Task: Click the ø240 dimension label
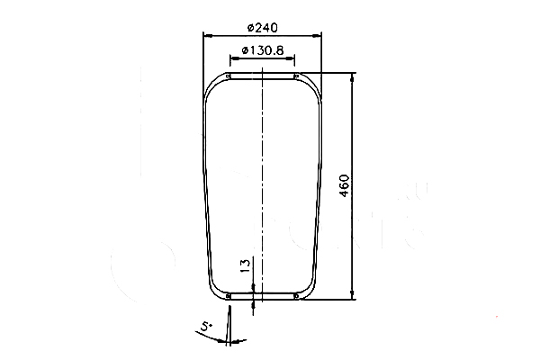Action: click(263, 28)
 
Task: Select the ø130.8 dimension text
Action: click(263, 50)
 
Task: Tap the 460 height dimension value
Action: click(345, 185)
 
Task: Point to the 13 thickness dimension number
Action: click(245, 265)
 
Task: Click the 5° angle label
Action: click(206, 326)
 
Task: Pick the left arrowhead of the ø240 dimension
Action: click(207, 36)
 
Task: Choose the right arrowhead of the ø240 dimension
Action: click(317, 36)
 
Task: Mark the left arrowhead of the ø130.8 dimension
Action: click(234, 58)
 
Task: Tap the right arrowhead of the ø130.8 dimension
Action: click(291, 58)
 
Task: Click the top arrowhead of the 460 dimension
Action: click(352, 77)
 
